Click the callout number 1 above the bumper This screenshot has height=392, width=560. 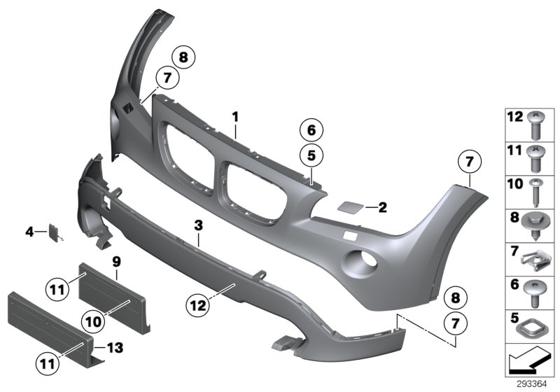(x=236, y=115)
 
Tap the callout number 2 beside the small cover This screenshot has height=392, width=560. (x=382, y=207)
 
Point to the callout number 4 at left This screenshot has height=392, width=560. (x=29, y=230)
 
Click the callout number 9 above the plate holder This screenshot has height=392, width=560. (x=117, y=260)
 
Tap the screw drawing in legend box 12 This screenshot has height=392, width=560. (x=535, y=126)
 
